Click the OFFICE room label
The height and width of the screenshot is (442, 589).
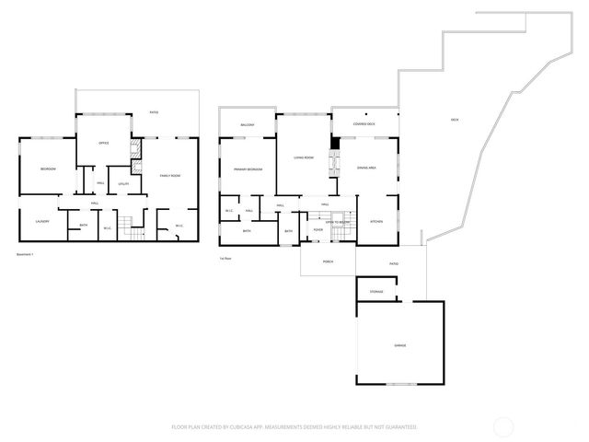coord(104,143)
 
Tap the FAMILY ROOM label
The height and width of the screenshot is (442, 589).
coord(170,176)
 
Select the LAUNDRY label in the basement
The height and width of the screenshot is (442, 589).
coord(42,222)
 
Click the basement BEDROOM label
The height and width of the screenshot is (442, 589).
coord(48,169)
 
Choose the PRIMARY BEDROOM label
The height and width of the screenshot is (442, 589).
coord(248,170)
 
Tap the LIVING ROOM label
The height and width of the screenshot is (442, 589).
coord(304,158)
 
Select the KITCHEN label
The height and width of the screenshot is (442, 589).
coord(376,222)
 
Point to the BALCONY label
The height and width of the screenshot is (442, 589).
coord(247,124)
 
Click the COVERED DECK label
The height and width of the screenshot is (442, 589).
coord(364,123)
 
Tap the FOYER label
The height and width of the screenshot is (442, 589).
coord(318,229)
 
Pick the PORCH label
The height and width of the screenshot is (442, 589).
coord(328,262)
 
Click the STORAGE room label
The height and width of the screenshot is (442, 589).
coord(376,292)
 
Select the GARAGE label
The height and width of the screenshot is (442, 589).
coord(400,345)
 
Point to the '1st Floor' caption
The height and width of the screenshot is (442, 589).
coord(225,259)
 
